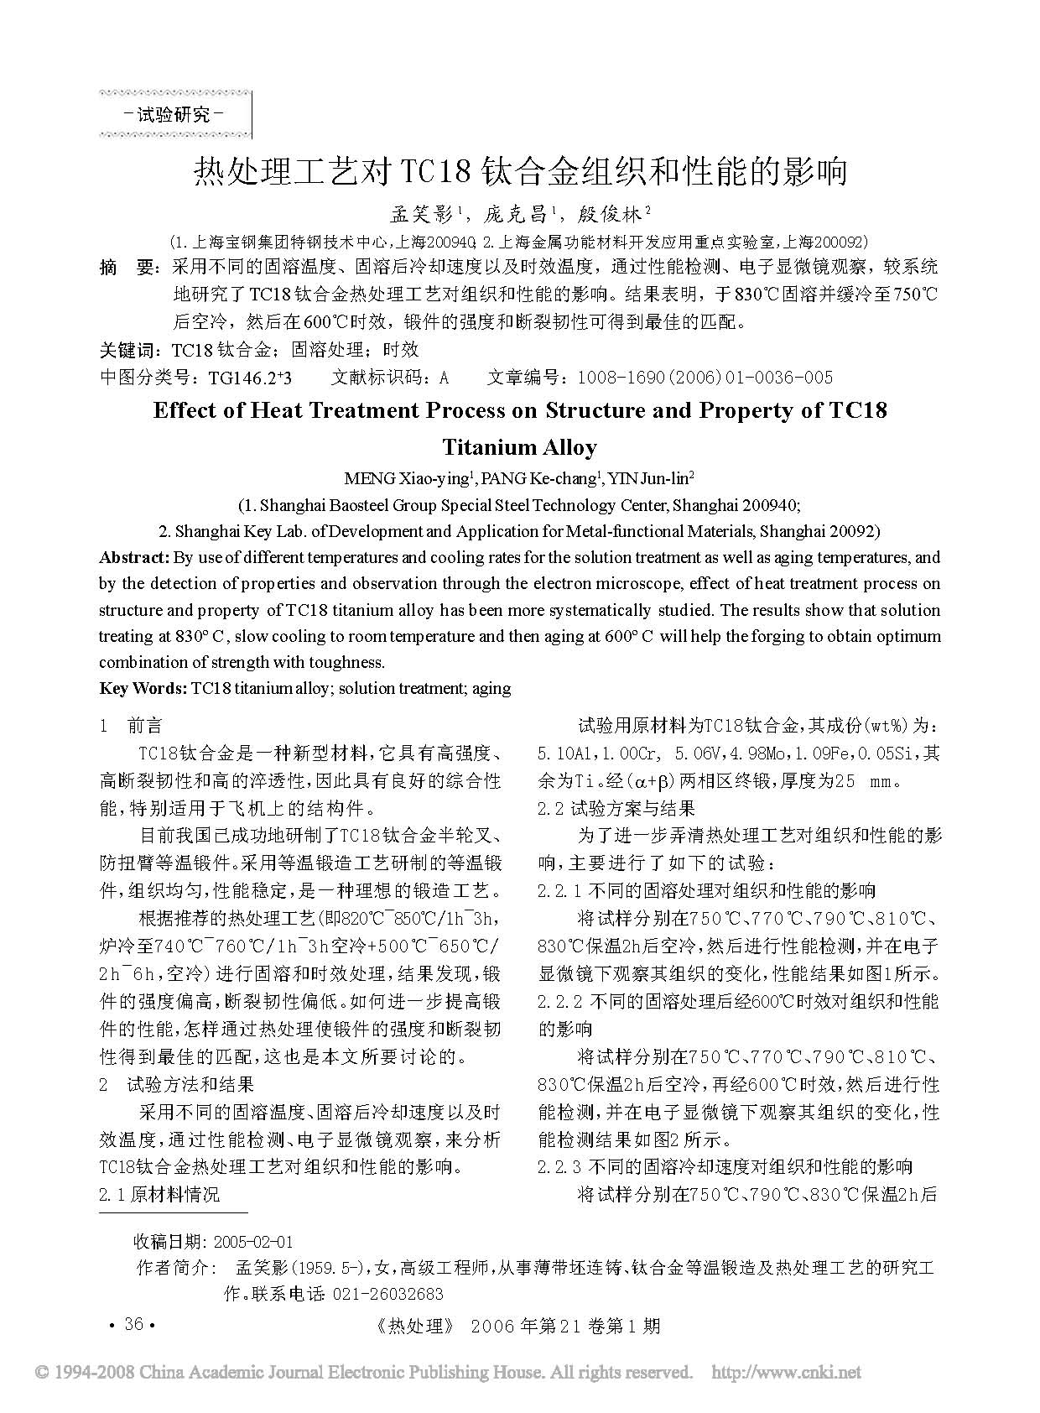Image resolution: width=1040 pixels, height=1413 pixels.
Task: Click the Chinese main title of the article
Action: [521, 171]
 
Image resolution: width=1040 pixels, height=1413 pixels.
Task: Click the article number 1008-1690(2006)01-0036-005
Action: [704, 378]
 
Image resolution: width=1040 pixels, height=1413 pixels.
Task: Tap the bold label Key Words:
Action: [143, 688]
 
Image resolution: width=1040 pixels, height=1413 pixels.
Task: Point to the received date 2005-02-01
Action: [253, 1242]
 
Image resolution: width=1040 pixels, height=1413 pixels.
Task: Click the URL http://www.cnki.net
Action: [786, 1373]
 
